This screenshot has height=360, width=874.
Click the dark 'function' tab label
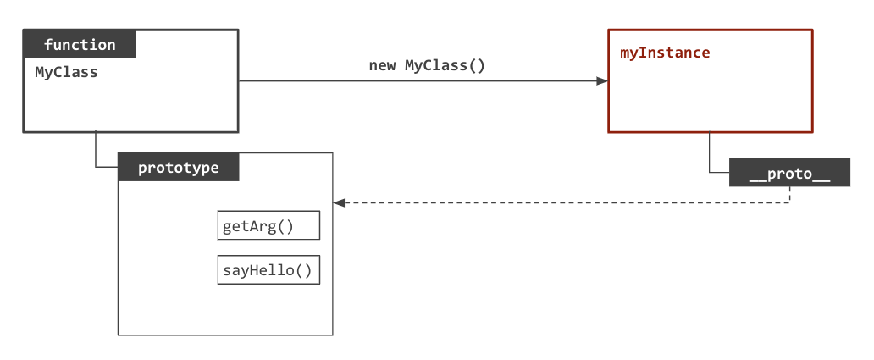pos(80,44)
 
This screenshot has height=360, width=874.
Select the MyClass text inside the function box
pos(66,72)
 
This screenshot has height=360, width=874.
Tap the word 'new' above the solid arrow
pos(383,65)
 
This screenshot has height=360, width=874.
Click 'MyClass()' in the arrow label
pos(445,65)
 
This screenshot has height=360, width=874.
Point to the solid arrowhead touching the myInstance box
pos(602,81)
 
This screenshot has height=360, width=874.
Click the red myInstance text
pos(665,53)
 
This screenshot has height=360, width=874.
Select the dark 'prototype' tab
pos(178,168)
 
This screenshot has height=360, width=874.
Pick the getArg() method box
pos(268,226)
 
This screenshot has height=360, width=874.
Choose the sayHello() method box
pos(268,270)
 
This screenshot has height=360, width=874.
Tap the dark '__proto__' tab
pos(789,173)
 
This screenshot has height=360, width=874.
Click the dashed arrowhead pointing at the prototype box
pos(339,203)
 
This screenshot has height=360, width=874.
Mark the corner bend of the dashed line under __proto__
pos(790,202)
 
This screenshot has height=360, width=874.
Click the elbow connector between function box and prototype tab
pos(96,167)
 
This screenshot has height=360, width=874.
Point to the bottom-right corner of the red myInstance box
pos(812,132)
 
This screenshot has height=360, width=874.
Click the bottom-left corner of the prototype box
pos(118,335)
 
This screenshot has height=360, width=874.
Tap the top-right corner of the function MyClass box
pos(238,30)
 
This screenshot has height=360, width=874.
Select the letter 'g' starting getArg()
pos(227,227)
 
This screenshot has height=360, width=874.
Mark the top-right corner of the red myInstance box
pos(812,30)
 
